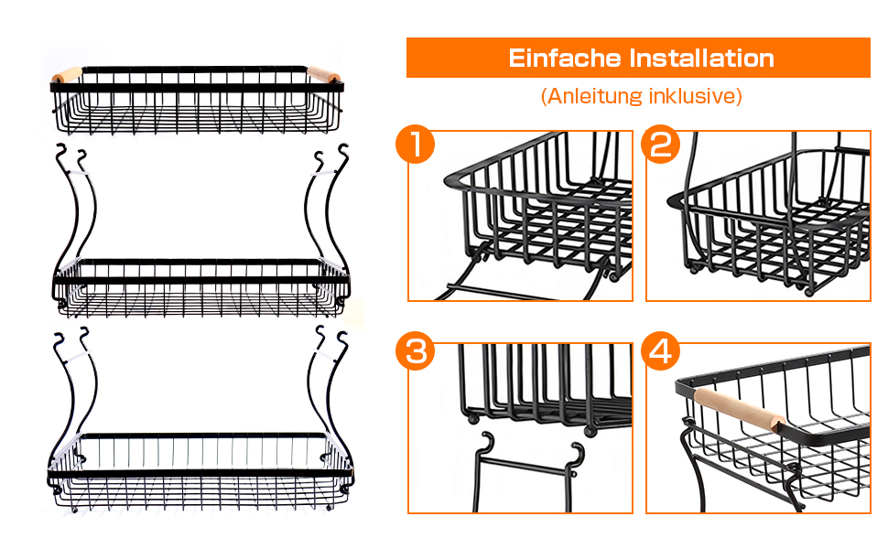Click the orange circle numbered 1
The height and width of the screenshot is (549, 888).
coord(415,144)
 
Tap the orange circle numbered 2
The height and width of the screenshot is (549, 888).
coord(660,144)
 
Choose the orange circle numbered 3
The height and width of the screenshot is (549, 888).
coord(415,351)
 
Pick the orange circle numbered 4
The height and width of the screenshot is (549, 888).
coord(660,351)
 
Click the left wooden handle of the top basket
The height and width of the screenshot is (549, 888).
coord(67,75)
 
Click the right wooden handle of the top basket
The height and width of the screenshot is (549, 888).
coord(324,75)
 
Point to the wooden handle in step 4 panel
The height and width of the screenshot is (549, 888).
coord(740,410)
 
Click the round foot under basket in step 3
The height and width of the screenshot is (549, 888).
coord(472,419)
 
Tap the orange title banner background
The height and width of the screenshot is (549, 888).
coord(638,58)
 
